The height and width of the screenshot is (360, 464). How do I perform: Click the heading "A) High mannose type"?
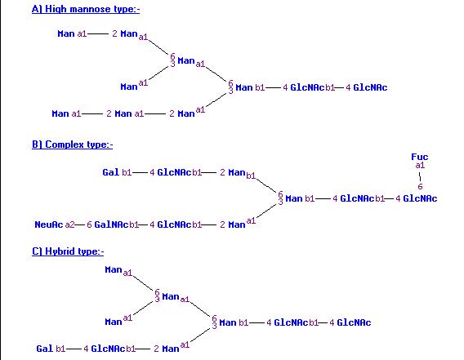[86, 9]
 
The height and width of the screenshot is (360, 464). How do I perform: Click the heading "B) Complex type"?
[72, 144]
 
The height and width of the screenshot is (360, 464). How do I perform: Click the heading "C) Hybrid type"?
[68, 251]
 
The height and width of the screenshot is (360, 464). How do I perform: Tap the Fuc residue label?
[420, 157]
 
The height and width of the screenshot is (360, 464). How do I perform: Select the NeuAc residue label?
[49, 224]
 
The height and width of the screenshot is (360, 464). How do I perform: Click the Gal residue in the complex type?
[110, 172]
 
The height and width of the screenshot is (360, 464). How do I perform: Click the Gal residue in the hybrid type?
[44, 349]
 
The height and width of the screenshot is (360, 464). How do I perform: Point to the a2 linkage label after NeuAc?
[69, 224]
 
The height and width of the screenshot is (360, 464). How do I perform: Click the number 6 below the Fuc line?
[420, 186]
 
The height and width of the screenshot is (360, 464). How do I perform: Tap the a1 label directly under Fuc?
[420, 166]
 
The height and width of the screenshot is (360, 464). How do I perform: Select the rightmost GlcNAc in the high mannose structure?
[370, 87]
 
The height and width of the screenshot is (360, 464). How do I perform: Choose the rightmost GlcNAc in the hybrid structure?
[354, 322]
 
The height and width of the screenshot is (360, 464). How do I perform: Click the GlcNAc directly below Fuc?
[420, 198]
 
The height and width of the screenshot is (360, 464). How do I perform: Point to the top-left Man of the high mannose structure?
[66, 33]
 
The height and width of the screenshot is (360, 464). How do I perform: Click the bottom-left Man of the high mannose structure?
[60, 113]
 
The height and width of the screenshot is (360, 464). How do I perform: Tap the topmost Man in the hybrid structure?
[114, 269]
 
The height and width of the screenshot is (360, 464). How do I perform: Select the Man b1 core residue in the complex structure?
[300, 198]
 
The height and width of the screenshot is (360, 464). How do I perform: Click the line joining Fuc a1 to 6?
[420, 176]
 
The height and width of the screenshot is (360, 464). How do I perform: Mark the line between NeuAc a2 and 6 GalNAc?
[79, 224]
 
